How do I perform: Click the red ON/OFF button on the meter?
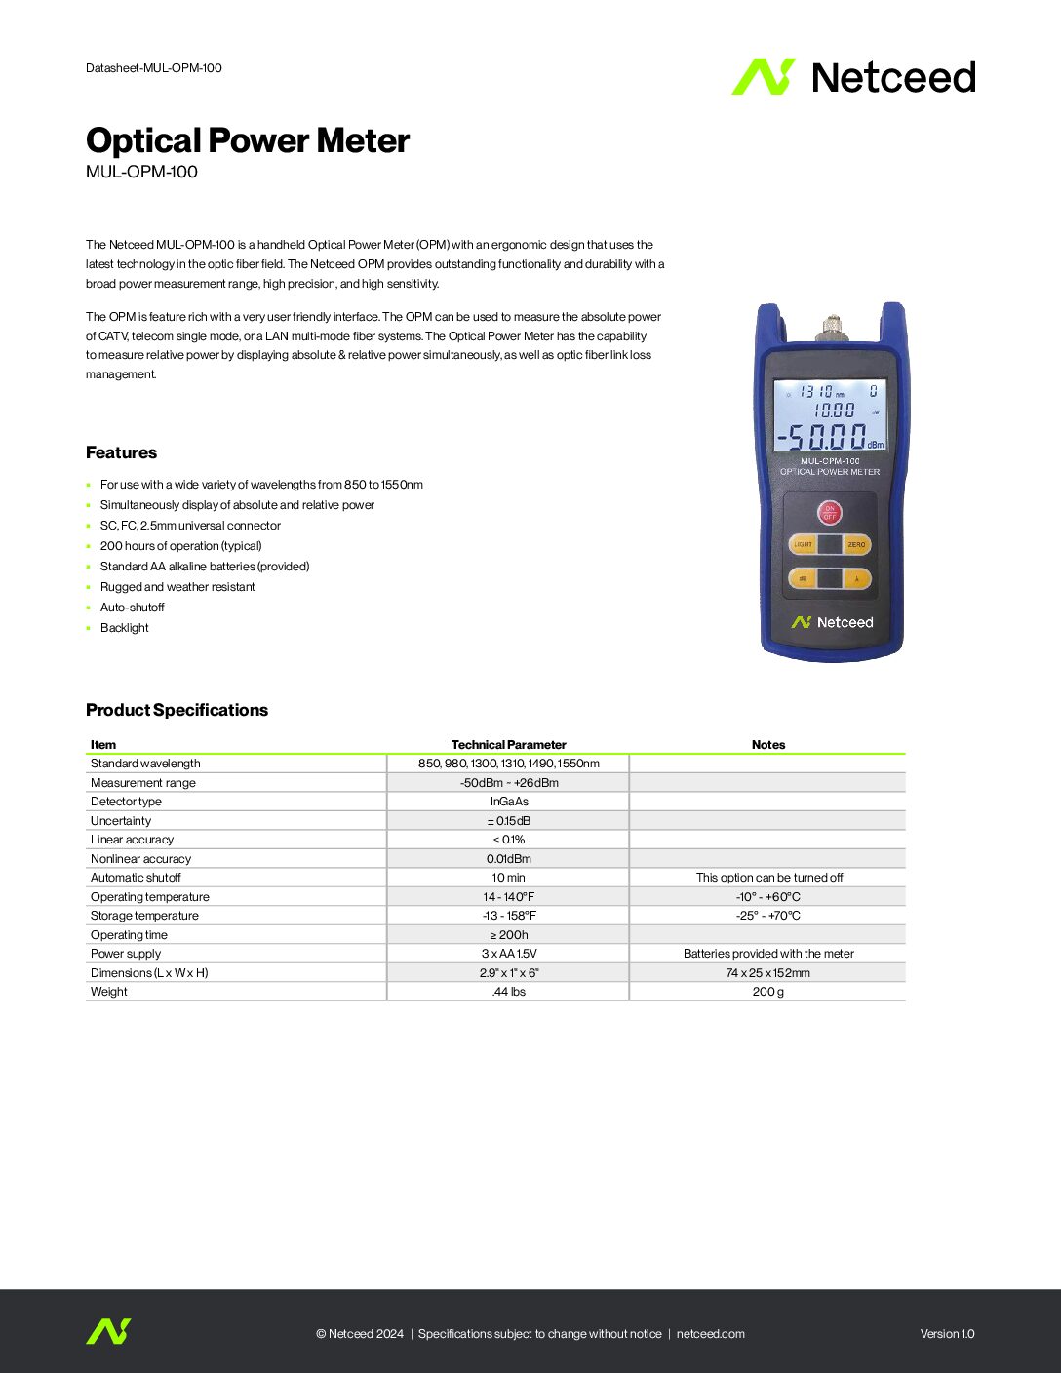tap(829, 512)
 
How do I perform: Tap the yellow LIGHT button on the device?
tap(804, 544)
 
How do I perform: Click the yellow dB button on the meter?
tap(803, 579)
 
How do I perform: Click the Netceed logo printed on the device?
tap(832, 622)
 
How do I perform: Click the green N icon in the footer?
tap(107, 1332)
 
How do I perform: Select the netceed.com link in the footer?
tap(710, 1334)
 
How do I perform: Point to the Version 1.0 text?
tap(947, 1334)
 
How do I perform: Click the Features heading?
tap(121, 452)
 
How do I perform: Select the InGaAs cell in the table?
tap(509, 802)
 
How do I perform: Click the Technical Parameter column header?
tap(508, 745)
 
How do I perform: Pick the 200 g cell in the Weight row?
tap(767, 992)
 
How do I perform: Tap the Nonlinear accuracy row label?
tap(140, 859)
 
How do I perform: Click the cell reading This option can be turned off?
tap(768, 878)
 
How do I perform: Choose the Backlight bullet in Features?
tap(125, 628)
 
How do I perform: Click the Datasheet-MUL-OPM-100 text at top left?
tap(154, 68)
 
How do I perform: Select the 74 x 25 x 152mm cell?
tap(767, 973)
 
